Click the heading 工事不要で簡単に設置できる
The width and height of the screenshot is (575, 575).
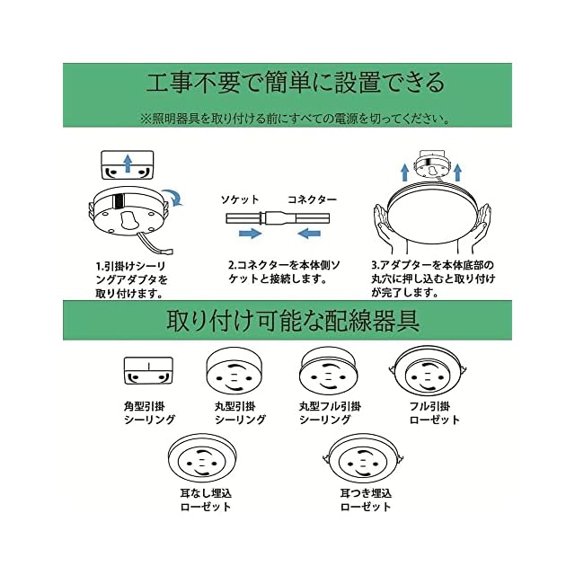point(296,83)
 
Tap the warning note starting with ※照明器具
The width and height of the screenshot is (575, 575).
point(296,119)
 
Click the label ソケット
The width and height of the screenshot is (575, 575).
point(240,199)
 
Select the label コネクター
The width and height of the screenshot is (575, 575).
point(312,199)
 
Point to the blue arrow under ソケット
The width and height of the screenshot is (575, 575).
point(250,234)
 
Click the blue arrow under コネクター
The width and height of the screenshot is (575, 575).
point(309,234)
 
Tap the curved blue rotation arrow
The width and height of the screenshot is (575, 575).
point(173,198)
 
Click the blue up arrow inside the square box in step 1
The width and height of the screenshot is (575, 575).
point(128,164)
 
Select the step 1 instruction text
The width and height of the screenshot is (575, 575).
point(131,279)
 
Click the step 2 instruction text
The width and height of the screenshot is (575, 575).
point(284,271)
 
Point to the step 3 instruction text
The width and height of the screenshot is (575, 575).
point(433,279)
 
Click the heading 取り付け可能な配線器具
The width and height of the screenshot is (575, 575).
point(293,321)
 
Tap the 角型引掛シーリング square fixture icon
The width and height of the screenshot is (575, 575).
point(148,371)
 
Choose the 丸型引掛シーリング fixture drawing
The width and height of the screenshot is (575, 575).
point(234,371)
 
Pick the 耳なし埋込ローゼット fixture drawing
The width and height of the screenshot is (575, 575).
point(203,461)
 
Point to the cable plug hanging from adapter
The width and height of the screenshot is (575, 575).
point(167,251)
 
